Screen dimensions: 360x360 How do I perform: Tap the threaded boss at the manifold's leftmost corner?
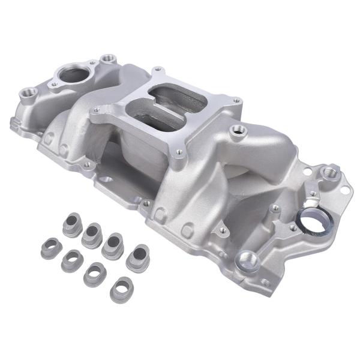click(26, 94)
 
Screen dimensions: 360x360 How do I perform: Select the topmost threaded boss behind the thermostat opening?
click(108, 59)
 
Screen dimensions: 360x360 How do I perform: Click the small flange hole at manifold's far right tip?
click(345, 191)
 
